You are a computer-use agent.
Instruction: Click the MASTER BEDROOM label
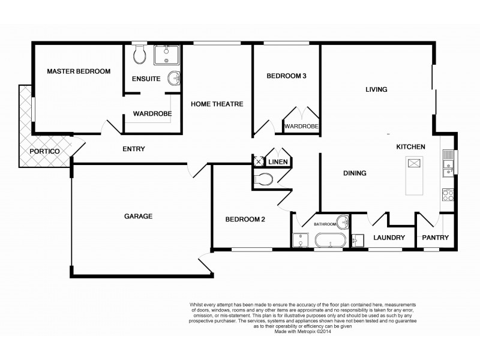[x=79, y=71]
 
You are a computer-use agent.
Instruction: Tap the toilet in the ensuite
[x=140, y=56]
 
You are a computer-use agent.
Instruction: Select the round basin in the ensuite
[x=174, y=77]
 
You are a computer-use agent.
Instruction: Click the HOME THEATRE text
[x=217, y=104]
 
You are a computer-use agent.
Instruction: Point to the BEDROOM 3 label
[x=286, y=76]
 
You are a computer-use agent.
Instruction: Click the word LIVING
[x=377, y=89]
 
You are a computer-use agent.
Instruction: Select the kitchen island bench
[x=414, y=175]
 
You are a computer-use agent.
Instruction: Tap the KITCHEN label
[x=410, y=146]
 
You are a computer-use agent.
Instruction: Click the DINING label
[x=355, y=173]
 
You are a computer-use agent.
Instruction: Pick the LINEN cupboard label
[x=278, y=162]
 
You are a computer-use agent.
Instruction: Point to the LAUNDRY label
[x=389, y=238]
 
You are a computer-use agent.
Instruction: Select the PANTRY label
[x=435, y=238]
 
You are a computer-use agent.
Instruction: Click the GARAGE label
[x=138, y=217]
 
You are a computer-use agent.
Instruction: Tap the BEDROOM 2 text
[x=245, y=220]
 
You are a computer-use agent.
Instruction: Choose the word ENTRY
[x=133, y=149]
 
